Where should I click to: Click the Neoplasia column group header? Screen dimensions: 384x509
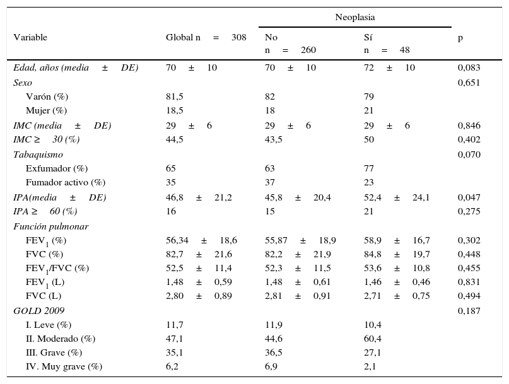(x=355, y=16)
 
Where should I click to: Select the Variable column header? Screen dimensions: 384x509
(x=30, y=38)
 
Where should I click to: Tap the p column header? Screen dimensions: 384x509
(x=460, y=38)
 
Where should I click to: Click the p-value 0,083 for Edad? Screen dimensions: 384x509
(x=469, y=67)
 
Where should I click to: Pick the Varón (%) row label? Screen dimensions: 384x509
(x=47, y=96)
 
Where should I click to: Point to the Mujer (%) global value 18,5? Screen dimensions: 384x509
(x=175, y=110)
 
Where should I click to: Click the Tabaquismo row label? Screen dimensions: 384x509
(x=38, y=154)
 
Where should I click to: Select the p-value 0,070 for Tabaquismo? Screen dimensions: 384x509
(x=469, y=154)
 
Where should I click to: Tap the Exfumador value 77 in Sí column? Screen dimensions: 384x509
(x=369, y=168)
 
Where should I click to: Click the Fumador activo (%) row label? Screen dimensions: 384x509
(x=66, y=183)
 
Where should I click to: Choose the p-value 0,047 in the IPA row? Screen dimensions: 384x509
(x=469, y=197)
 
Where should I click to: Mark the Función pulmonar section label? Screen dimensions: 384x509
(x=50, y=226)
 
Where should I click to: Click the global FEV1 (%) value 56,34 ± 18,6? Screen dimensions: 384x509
(x=201, y=240)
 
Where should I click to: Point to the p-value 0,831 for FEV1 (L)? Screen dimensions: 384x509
(x=469, y=282)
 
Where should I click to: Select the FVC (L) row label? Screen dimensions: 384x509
(x=44, y=296)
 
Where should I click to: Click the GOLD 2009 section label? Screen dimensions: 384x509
(x=38, y=310)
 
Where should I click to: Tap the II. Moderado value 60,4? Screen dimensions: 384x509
(x=372, y=339)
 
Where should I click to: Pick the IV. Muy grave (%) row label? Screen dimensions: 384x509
(x=64, y=366)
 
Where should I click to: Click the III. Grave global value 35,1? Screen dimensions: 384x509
(x=175, y=352)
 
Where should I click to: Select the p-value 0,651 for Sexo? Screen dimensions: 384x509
(x=469, y=82)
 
